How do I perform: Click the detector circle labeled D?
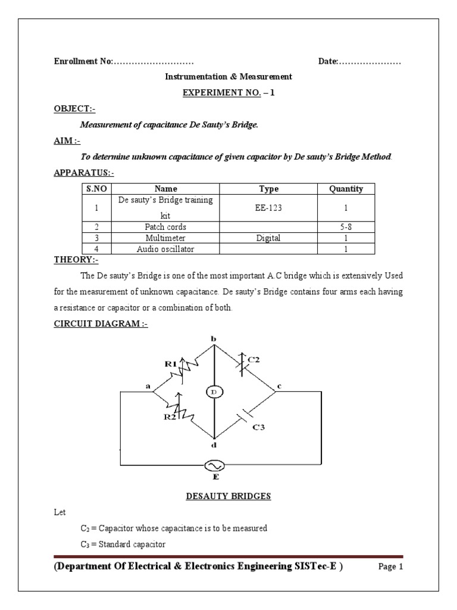(214, 391)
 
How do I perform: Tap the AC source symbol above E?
(214, 465)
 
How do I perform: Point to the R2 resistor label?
(170, 416)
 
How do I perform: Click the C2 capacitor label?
(253, 359)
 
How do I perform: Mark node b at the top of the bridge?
(214, 339)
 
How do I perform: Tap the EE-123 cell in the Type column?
(268, 210)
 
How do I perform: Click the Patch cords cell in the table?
(165, 227)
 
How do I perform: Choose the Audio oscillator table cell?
(165, 249)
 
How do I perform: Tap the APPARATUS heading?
(84, 173)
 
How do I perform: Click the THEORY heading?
(76, 260)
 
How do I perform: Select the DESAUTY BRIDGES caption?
(228, 496)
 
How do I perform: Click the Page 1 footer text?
(391, 567)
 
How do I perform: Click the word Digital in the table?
(268, 238)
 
